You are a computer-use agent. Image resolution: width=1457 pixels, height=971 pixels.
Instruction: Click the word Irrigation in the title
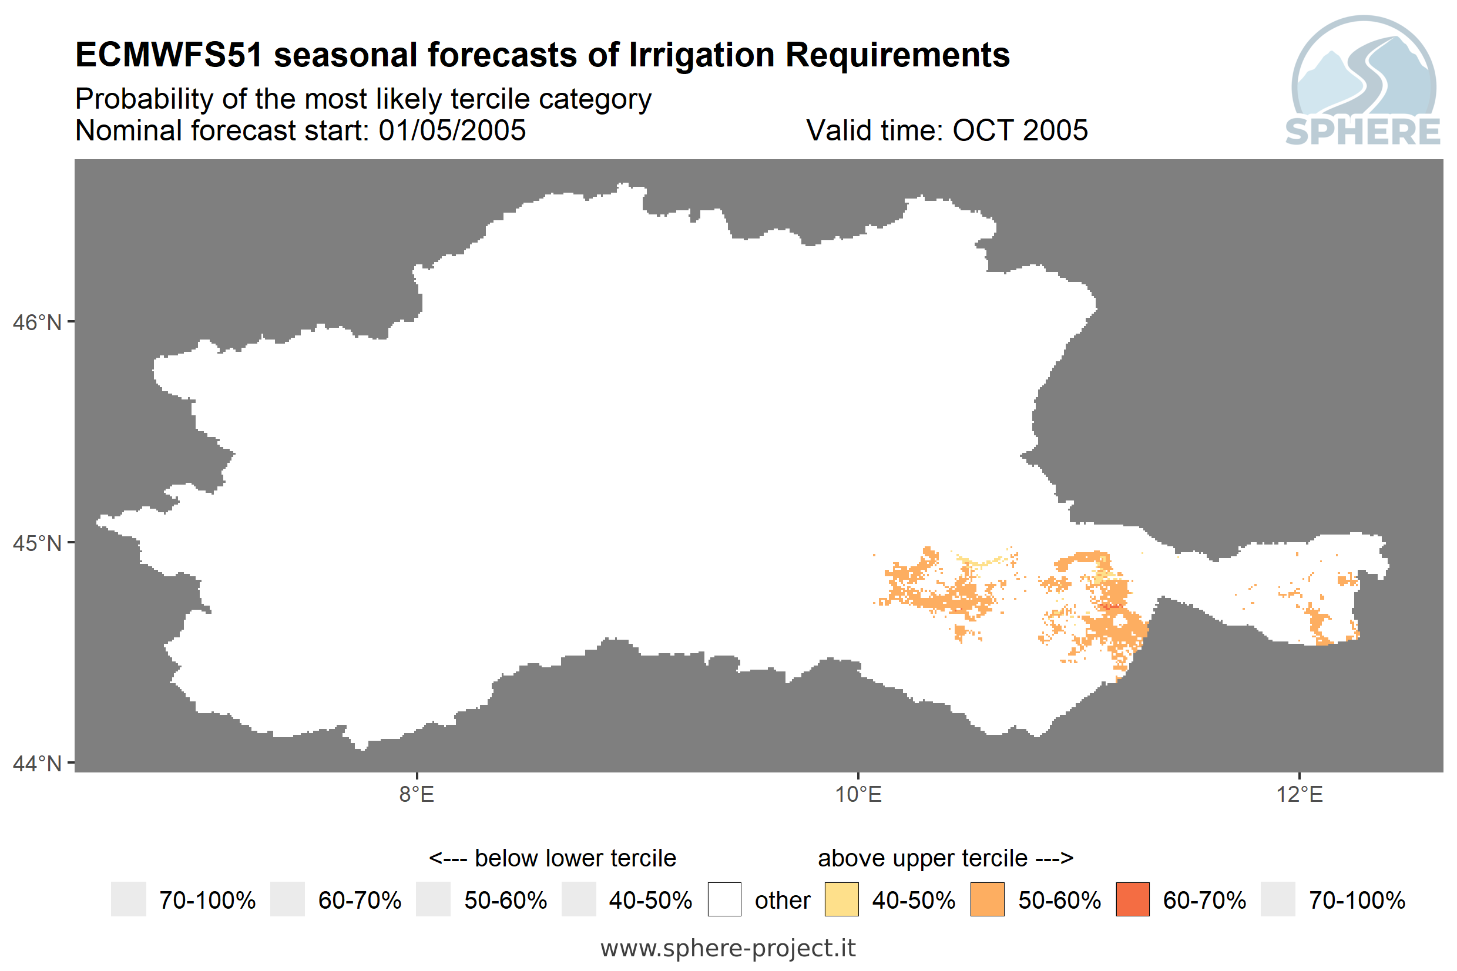pos(701,56)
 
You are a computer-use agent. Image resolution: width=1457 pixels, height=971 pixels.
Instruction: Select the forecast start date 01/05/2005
pos(452,130)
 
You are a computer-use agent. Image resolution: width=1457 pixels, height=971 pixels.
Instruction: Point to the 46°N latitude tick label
pos(37,322)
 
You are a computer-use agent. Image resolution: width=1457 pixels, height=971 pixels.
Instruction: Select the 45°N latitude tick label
pos(37,543)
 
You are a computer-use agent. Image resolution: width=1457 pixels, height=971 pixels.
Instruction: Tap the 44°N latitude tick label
pos(37,764)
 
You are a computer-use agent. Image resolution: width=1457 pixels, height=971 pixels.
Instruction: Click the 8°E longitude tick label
pos(417,795)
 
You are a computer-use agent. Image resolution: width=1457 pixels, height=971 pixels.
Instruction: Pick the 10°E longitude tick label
pos(858,795)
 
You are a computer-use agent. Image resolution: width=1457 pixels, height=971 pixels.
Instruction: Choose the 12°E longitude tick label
pos(1300,795)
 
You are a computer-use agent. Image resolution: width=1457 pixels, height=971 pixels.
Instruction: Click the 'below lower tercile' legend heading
pos(552,858)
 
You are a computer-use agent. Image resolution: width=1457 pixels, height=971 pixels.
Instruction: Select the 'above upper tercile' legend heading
pos(945,858)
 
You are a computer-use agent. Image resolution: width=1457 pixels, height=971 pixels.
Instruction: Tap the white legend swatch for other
pos(724,899)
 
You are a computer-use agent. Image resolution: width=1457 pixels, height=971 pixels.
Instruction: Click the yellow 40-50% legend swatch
pos(841,899)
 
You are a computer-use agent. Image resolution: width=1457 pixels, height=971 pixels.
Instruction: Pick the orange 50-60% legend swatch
pos(987,899)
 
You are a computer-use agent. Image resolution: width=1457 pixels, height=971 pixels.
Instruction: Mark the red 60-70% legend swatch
pos(1133,899)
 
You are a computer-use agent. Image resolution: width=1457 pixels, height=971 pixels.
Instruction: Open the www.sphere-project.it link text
pos(728,948)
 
